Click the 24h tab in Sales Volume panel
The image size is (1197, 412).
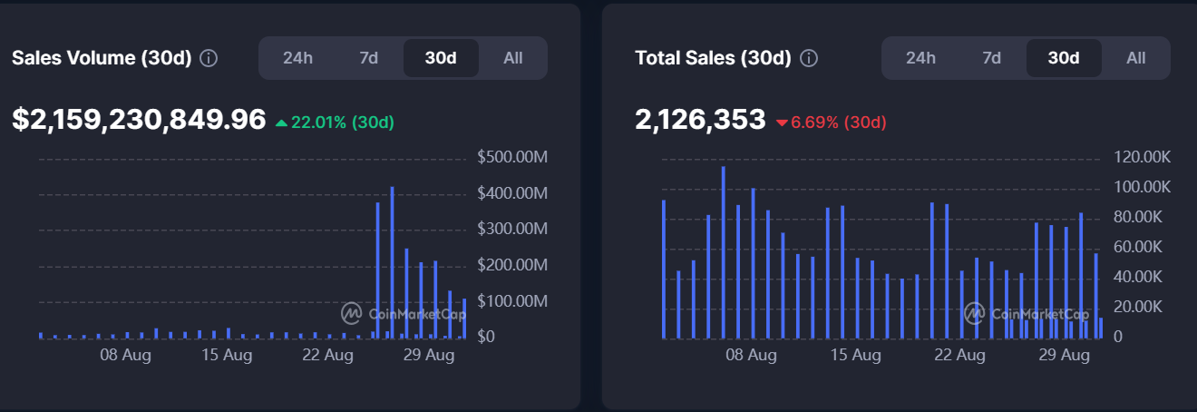(297, 58)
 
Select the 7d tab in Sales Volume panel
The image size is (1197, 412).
(368, 58)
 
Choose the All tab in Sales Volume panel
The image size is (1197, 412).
(513, 58)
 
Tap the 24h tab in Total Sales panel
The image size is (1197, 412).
(920, 58)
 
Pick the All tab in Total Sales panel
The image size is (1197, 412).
(1136, 58)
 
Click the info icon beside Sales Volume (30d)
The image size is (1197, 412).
(209, 58)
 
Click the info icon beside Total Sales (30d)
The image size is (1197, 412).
(809, 58)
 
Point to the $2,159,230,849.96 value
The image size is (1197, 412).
(140, 120)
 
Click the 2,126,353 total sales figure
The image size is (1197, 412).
(701, 120)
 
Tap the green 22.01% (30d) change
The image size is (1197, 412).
(335, 122)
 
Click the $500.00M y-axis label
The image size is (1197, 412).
(512, 158)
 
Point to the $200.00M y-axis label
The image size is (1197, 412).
(512, 265)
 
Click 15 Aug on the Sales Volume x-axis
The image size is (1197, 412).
(227, 355)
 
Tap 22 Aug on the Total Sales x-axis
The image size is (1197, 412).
(959, 355)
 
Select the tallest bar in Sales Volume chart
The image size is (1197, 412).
(392, 263)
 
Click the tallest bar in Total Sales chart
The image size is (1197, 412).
(723, 252)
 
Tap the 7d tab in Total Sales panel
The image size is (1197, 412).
(991, 58)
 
